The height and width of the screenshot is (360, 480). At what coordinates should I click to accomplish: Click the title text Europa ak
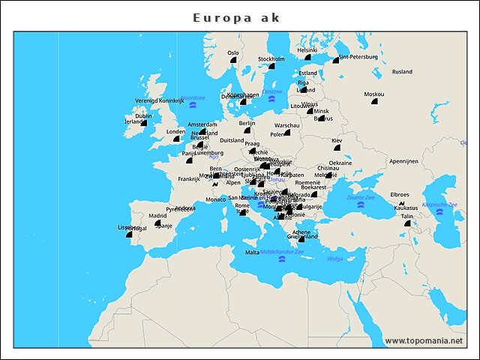pos(236,17)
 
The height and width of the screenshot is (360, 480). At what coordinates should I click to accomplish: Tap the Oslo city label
pos(233,52)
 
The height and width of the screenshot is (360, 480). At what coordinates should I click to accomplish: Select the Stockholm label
pos(271,58)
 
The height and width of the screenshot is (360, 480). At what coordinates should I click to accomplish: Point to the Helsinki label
pos(307,50)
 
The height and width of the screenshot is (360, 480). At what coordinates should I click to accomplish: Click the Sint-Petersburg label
pos(358,56)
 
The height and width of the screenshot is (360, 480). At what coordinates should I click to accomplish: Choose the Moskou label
pos(373,94)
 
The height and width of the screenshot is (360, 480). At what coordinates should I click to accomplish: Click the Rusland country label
pos(402,71)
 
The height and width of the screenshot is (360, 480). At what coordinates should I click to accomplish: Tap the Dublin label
pos(143,115)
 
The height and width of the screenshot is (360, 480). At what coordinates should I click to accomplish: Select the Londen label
pos(175,131)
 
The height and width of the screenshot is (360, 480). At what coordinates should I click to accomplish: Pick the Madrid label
pos(157,215)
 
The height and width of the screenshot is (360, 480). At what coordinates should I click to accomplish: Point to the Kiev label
pos(337,140)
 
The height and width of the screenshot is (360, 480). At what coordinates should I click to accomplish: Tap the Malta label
pos(253,252)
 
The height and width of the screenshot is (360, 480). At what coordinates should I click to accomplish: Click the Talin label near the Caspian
pos(407,216)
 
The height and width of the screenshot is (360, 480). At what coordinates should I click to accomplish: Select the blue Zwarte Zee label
pos(361,196)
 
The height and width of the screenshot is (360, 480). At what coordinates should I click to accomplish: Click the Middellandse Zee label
pos(282,252)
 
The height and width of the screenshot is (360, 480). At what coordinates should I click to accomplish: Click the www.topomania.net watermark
pos(424,340)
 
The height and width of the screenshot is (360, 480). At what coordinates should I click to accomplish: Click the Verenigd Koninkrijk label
pos(159,100)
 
